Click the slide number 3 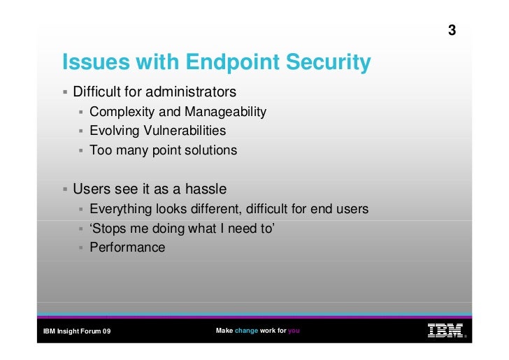452,31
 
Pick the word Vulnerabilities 185,131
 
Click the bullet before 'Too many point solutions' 81,150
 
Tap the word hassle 202,189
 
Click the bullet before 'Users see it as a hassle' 64,189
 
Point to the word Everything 121,210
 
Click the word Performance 127,247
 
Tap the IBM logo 445,331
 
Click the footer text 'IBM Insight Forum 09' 77,331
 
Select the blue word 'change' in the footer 246,331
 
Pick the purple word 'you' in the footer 294,331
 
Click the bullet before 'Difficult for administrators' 64,92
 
